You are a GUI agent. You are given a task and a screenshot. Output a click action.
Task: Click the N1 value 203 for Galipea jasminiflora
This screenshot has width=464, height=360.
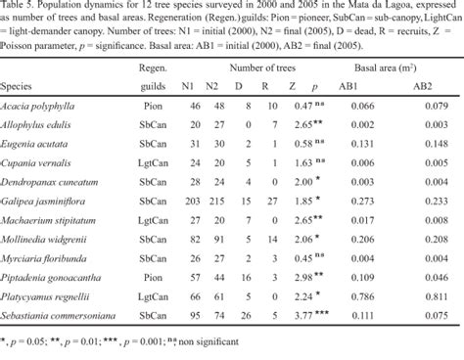click(193, 194)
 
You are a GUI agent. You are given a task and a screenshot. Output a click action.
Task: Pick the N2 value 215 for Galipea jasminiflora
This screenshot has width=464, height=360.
click(219, 194)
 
